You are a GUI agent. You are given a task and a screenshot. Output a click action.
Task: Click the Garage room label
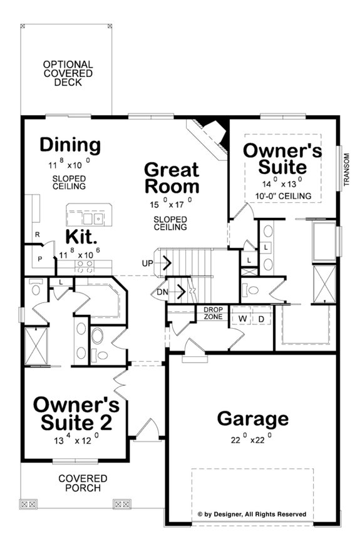[x=253, y=419]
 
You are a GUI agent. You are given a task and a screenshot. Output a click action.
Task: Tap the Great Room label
[x=172, y=178]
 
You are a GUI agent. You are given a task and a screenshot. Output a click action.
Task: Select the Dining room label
[x=70, y=145]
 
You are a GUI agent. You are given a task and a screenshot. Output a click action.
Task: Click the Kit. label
[x=81, y=237]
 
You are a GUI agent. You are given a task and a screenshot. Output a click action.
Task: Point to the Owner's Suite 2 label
[x=76, y=413]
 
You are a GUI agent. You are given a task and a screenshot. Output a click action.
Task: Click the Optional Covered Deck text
[x=68, y=73]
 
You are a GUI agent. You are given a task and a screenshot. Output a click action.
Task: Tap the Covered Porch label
[x=83, y=483]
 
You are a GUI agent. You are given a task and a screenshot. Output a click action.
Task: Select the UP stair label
[x=148, y=264]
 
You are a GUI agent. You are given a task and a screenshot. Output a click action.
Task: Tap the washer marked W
[x=241, y=319]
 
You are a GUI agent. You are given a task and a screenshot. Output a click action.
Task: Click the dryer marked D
[x=262, y=319]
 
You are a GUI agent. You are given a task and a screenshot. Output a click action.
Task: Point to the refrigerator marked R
[x=38, y=235]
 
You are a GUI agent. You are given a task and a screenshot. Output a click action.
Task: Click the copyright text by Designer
[x=252, y=514]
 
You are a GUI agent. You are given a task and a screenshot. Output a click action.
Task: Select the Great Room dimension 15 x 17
[x=171, y=202]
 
